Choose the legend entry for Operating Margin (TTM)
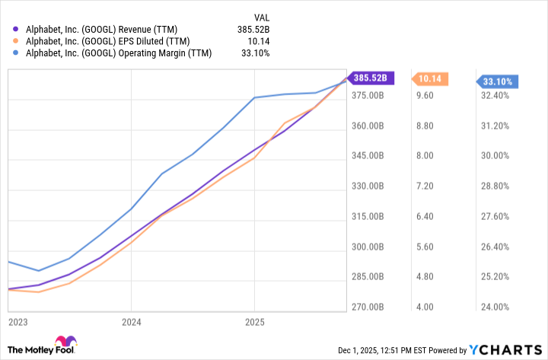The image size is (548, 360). click(111, 53)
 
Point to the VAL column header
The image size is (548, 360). click(260, 17)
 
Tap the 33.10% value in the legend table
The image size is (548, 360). click(254, 53)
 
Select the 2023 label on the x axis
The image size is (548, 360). click(18, 323)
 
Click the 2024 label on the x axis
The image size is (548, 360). click(131, 323)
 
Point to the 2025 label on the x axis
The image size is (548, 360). click(254, 323)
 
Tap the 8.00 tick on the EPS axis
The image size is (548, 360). click(422, 156)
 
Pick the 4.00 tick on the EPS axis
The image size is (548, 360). click(422, 307)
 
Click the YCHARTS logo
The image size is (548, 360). click(505, 350)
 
